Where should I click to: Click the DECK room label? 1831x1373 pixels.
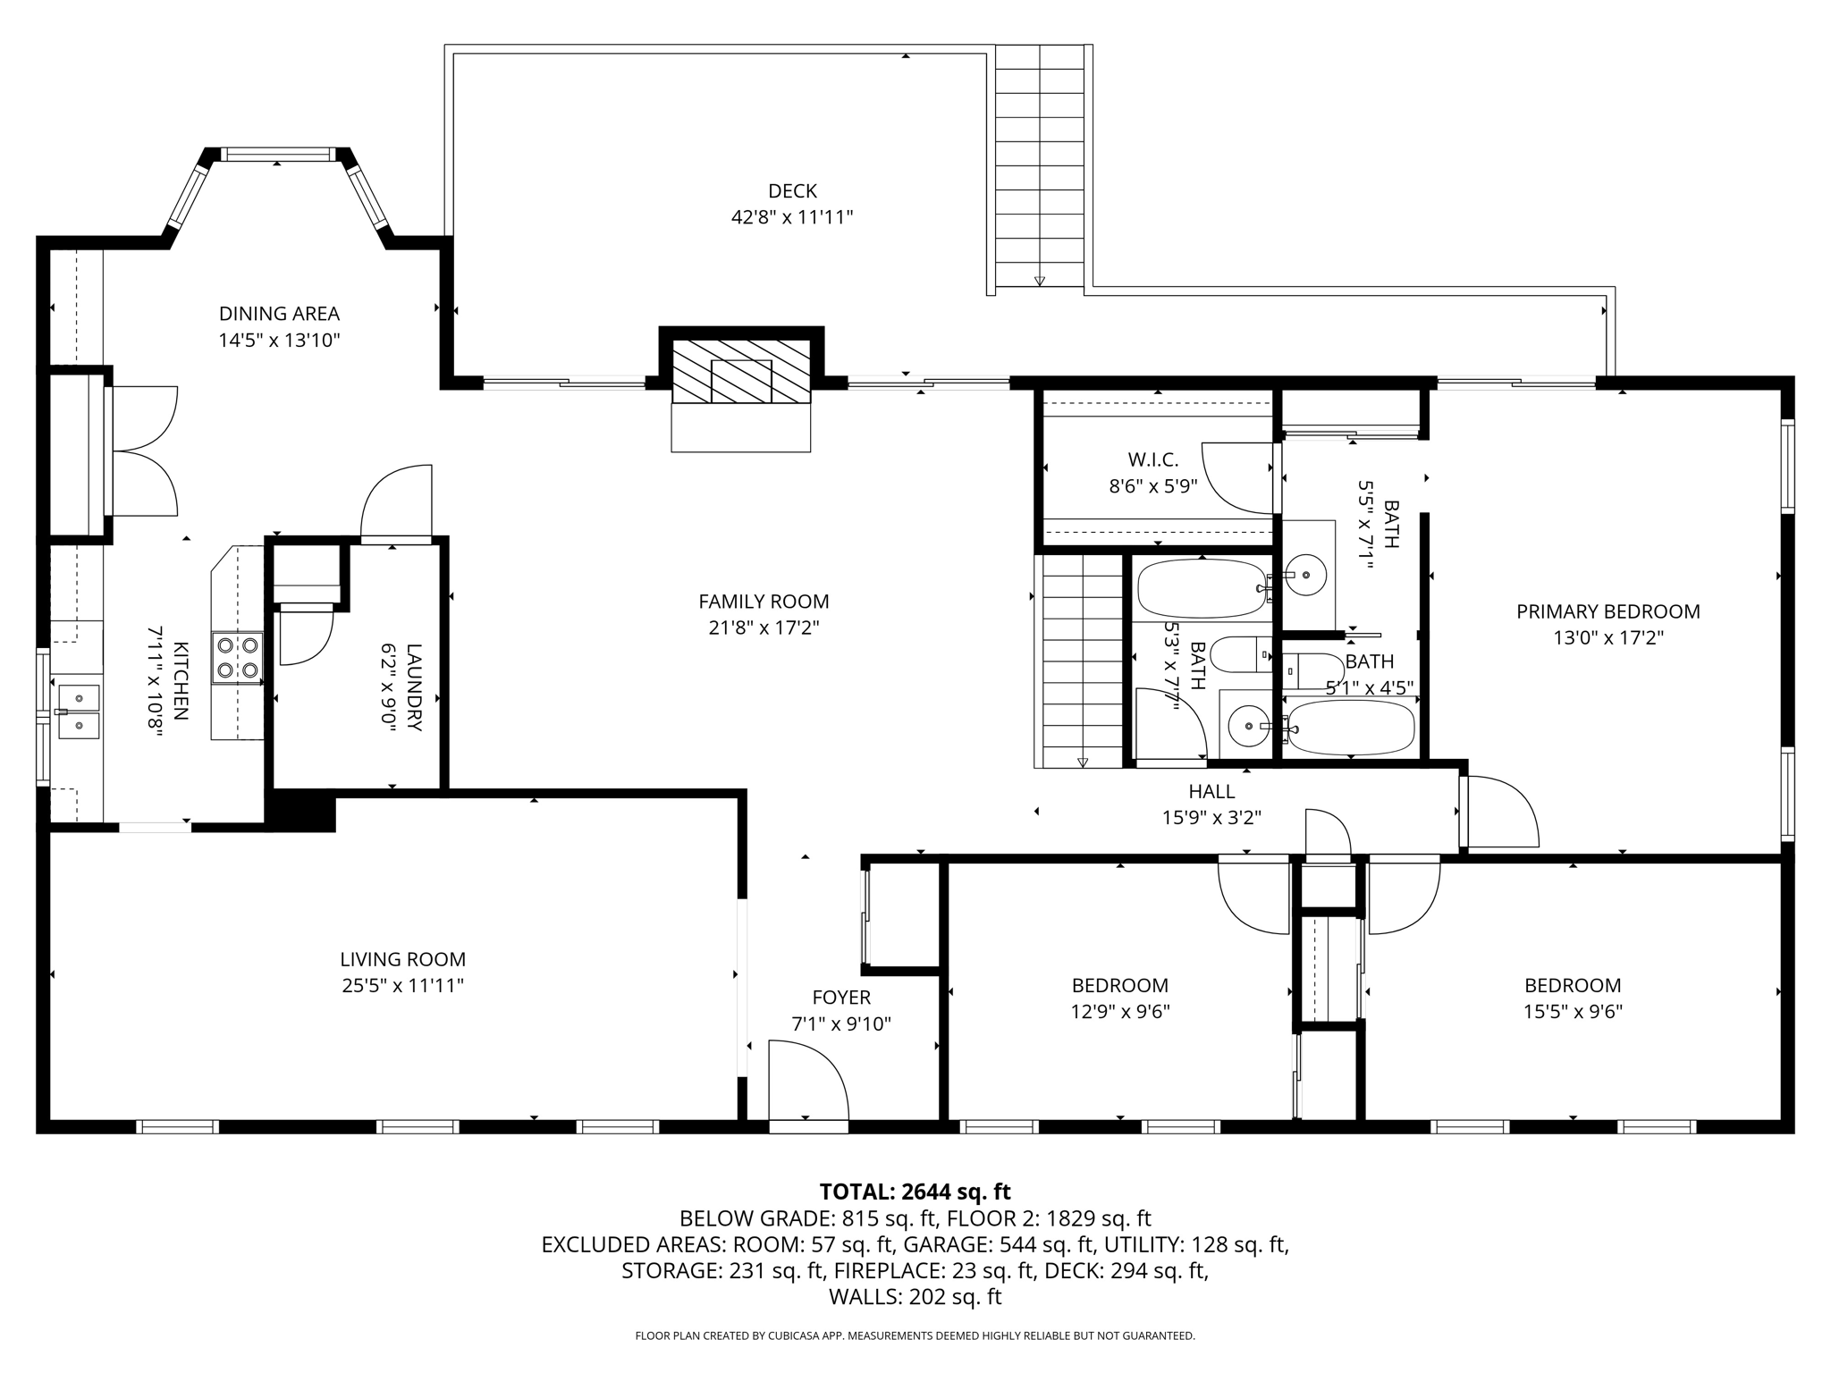pyautogui.click(x=792, y=190)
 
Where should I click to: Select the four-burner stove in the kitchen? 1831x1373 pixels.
pyautogui.click(x=237, y=658)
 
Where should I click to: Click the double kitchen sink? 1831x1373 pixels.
pyautogui.click(x=79, y=712)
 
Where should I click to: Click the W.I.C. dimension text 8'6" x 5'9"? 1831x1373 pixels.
pyautogui.click(x=1152, y=486)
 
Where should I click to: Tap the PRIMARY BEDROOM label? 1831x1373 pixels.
pyautogui.click(x=1607, y=611)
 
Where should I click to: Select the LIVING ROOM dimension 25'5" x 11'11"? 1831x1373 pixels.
pyautogui.click(x=402, y=986)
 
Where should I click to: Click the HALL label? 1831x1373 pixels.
pyautogui.click(x=1211, y=791)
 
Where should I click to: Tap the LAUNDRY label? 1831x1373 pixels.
pyautogui.click(x=413, y=687)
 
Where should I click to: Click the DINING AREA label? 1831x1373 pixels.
pyautogui.click(x=279, y=314)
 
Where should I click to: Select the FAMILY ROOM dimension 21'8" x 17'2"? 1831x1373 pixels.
pyautogui.click(x=764, y=628)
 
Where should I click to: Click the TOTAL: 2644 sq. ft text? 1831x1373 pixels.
pyautogui.click(x=915, y=1192)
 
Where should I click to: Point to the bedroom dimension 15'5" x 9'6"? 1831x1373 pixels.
pyautogui.click(x=1573, y=1012)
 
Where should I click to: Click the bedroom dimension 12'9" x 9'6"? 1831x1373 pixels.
pyautogui.click(x=1119, y=1012)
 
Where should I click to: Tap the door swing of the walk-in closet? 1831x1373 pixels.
pyautogui.click(x=1238, y=478)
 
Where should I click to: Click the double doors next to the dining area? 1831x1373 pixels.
pyautogui.click(x=143, y=451)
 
